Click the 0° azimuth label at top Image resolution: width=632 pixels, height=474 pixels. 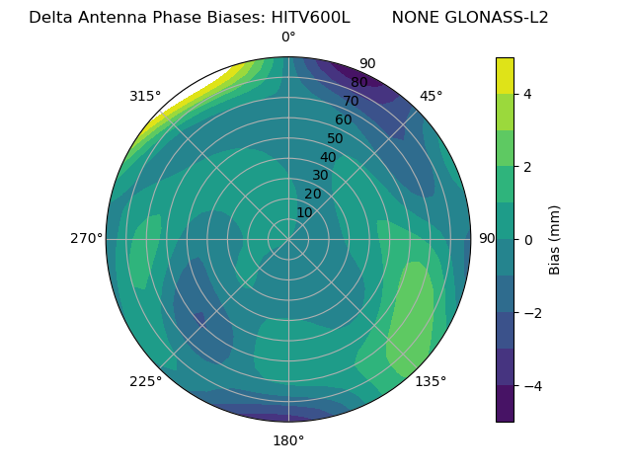point(288,38)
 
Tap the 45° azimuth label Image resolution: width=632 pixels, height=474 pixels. point(431,96)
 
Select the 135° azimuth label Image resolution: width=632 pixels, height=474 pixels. point(431,381)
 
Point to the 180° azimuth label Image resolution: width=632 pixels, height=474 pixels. point(288,440)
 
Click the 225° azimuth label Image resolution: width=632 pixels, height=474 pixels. point(145,381)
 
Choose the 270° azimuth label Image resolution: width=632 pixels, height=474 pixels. point(86,239)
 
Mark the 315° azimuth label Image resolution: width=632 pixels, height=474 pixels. point(145,96)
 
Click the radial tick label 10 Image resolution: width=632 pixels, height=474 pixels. point(304,212)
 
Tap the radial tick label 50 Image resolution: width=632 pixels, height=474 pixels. point(335,138)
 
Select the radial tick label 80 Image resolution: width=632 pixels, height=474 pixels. point(358,83)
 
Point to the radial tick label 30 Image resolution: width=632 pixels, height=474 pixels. point(320,176)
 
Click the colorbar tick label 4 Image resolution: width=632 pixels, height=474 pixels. point(528,94)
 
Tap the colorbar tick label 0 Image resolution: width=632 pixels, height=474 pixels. point(528,240)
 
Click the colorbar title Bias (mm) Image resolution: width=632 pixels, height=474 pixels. point(555,240)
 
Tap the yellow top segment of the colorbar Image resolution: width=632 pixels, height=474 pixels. point(505,75)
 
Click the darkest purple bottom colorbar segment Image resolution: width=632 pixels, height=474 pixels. point(505,404)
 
